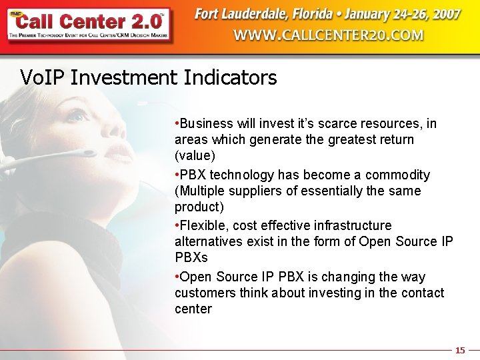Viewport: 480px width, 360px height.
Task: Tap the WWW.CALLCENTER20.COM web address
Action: coord(328,35)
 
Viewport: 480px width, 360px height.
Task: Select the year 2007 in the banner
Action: coord(444,14)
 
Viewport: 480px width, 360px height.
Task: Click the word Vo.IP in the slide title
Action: coord(43,78)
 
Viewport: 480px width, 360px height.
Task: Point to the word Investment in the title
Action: coord(126,78)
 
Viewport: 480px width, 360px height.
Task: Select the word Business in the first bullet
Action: coord(206,124)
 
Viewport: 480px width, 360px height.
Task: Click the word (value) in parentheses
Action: coord(194,156)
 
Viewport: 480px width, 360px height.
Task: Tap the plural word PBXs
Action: coord(191,257)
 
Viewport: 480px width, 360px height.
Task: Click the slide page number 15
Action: coord(460,350)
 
